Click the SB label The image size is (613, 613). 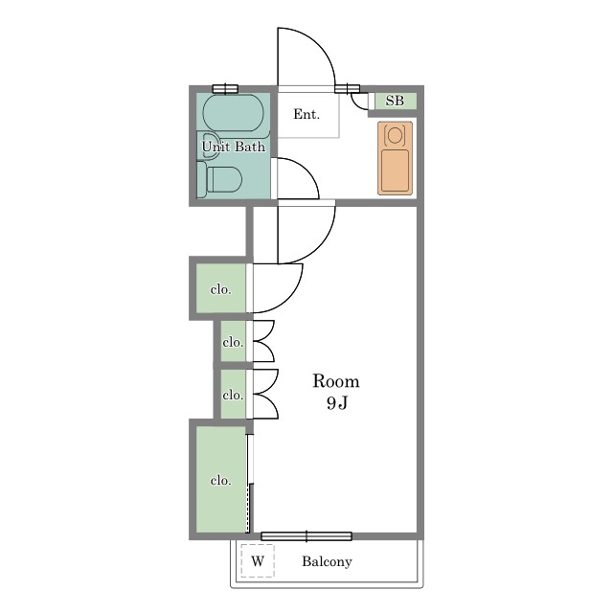(395, 101)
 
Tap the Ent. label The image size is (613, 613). (306, 114)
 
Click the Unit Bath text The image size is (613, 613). (234, 147)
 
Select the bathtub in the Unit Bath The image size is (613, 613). (234, 113)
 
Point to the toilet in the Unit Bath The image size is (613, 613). (219, 179)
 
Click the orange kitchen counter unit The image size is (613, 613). (395, 158)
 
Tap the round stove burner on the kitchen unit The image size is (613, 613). (395, 135)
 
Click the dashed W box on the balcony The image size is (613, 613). (258, 560)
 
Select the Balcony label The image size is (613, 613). (327, 561)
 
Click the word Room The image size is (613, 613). (336, 381)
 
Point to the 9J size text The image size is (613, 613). (337, 402)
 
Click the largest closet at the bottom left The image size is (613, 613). (221, 479)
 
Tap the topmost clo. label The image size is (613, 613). (221, 289)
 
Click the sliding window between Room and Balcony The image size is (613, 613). (306, 536)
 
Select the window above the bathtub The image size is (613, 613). (225, 89)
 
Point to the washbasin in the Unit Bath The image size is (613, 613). (209, 146)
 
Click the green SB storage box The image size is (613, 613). (396, 102)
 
